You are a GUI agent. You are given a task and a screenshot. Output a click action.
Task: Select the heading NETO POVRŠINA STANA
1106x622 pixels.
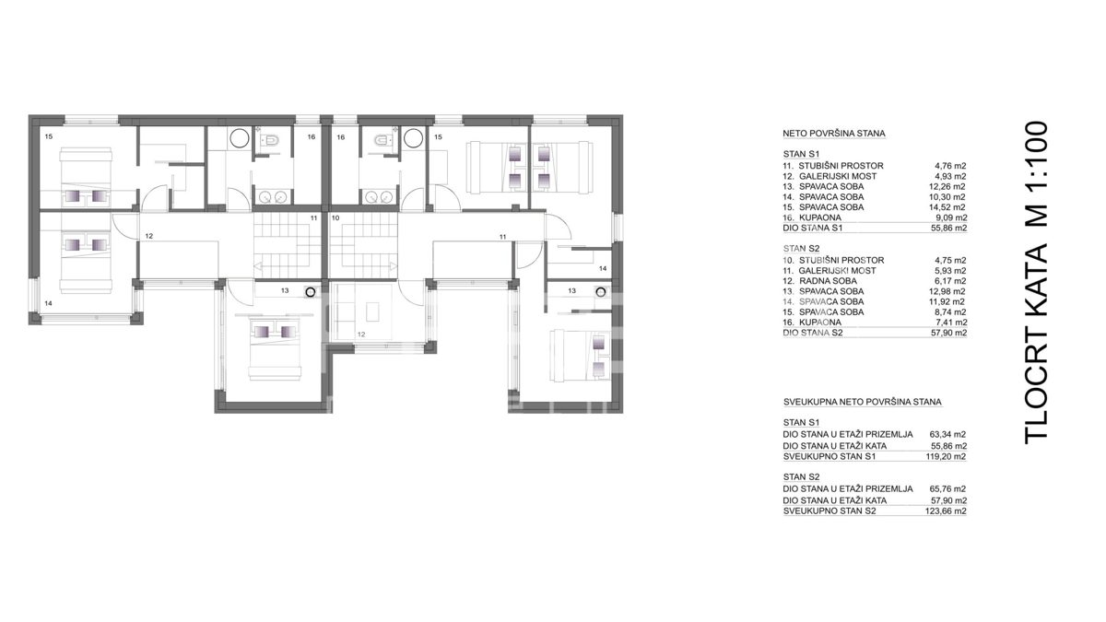pos(834,134)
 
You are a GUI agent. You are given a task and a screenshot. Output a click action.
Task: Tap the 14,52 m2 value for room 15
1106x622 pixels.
pos(947,207)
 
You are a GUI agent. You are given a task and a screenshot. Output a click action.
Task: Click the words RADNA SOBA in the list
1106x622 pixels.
pos(828,281)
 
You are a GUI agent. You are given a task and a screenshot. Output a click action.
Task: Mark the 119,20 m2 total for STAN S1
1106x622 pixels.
pos(946,457)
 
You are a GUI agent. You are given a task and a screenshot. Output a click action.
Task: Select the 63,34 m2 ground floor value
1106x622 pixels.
pos(947,434)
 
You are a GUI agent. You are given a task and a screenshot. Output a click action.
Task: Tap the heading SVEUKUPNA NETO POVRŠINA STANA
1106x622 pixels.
pos(863,402)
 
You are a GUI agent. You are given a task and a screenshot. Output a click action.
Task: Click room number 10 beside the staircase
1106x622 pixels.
pos(335,217)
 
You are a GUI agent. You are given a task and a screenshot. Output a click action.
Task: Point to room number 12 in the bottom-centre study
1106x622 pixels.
pos(361,334)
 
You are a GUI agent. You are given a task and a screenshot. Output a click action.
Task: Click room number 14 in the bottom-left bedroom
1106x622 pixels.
pos(48,303)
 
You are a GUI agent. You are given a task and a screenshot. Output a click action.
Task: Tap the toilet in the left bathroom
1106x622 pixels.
pos(271,140)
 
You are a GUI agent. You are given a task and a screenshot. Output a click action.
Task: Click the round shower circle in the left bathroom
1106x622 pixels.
pos(240,138)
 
